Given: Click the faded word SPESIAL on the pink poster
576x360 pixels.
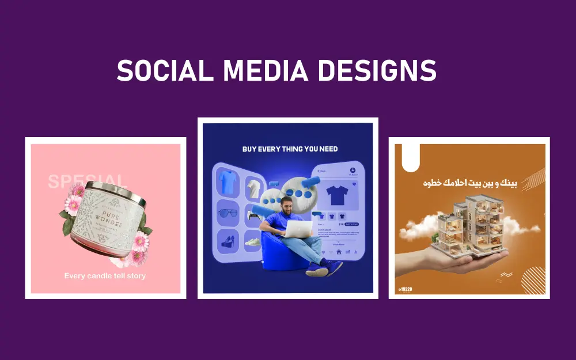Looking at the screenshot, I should [86, 181].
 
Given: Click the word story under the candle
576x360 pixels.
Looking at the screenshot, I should [134, 276].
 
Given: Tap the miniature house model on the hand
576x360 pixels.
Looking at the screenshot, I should [467, 225].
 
